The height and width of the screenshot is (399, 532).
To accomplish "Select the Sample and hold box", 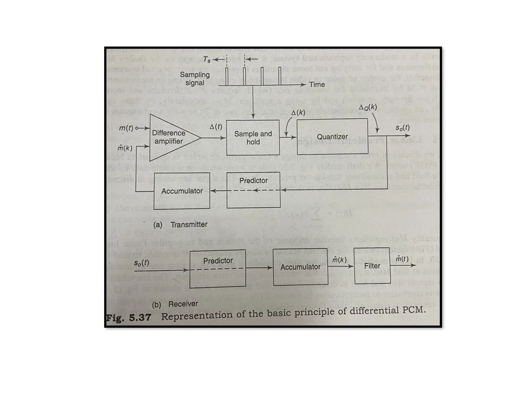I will click(x=253, y=138).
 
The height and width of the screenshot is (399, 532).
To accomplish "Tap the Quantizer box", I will click(x=332, y=137).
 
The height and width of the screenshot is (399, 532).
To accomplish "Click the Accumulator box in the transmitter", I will click(x=182, y=191).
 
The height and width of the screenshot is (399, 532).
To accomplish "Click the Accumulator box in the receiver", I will click(x=300, y=267).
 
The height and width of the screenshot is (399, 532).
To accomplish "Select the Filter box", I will click(x=372, y=266).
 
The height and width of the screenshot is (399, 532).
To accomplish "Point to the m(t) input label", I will click(x=126, y=128).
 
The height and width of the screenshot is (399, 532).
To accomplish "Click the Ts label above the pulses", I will click(x=207, y=59).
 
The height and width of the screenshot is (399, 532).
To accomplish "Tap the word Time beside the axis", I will click(x=317, y=85).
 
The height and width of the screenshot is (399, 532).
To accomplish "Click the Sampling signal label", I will click(x=195, y=79).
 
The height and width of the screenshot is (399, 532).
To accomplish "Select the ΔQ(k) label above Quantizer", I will click(x=368, y=107).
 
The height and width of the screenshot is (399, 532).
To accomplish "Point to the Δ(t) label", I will click(x=216, y=127).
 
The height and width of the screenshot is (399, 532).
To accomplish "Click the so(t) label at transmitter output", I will click(x=402, y=128).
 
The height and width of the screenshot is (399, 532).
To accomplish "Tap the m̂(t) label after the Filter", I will click(x=402, y=259).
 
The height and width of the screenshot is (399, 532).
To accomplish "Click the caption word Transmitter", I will click(x=189, y=224).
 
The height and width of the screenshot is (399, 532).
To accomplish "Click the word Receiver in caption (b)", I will click(x=183, y=304).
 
